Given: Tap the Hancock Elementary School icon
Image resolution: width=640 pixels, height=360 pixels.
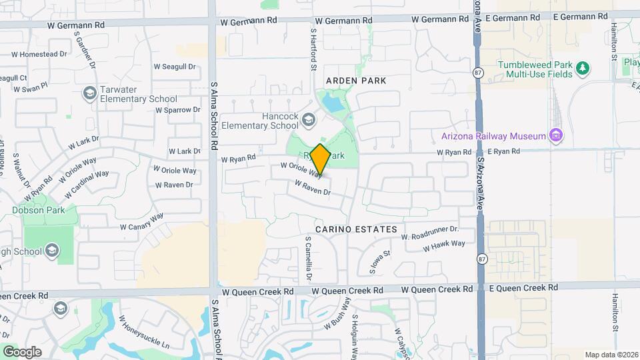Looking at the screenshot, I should coord(308,120).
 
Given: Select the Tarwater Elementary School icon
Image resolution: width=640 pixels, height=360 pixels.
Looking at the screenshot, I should coord(89,94).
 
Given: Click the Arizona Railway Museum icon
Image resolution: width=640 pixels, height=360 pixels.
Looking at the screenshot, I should coord(557,136).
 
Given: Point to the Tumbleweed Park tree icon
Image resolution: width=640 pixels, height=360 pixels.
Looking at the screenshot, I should coord(583,67).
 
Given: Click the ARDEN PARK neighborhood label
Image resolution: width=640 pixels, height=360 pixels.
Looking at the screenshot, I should coord(356,81).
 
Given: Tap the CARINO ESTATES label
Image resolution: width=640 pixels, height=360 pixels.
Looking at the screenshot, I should coord(356,229).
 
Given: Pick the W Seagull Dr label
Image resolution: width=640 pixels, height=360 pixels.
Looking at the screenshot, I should coord(175,67).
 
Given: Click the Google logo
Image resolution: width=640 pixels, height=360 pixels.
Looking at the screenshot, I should coord(22,351).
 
